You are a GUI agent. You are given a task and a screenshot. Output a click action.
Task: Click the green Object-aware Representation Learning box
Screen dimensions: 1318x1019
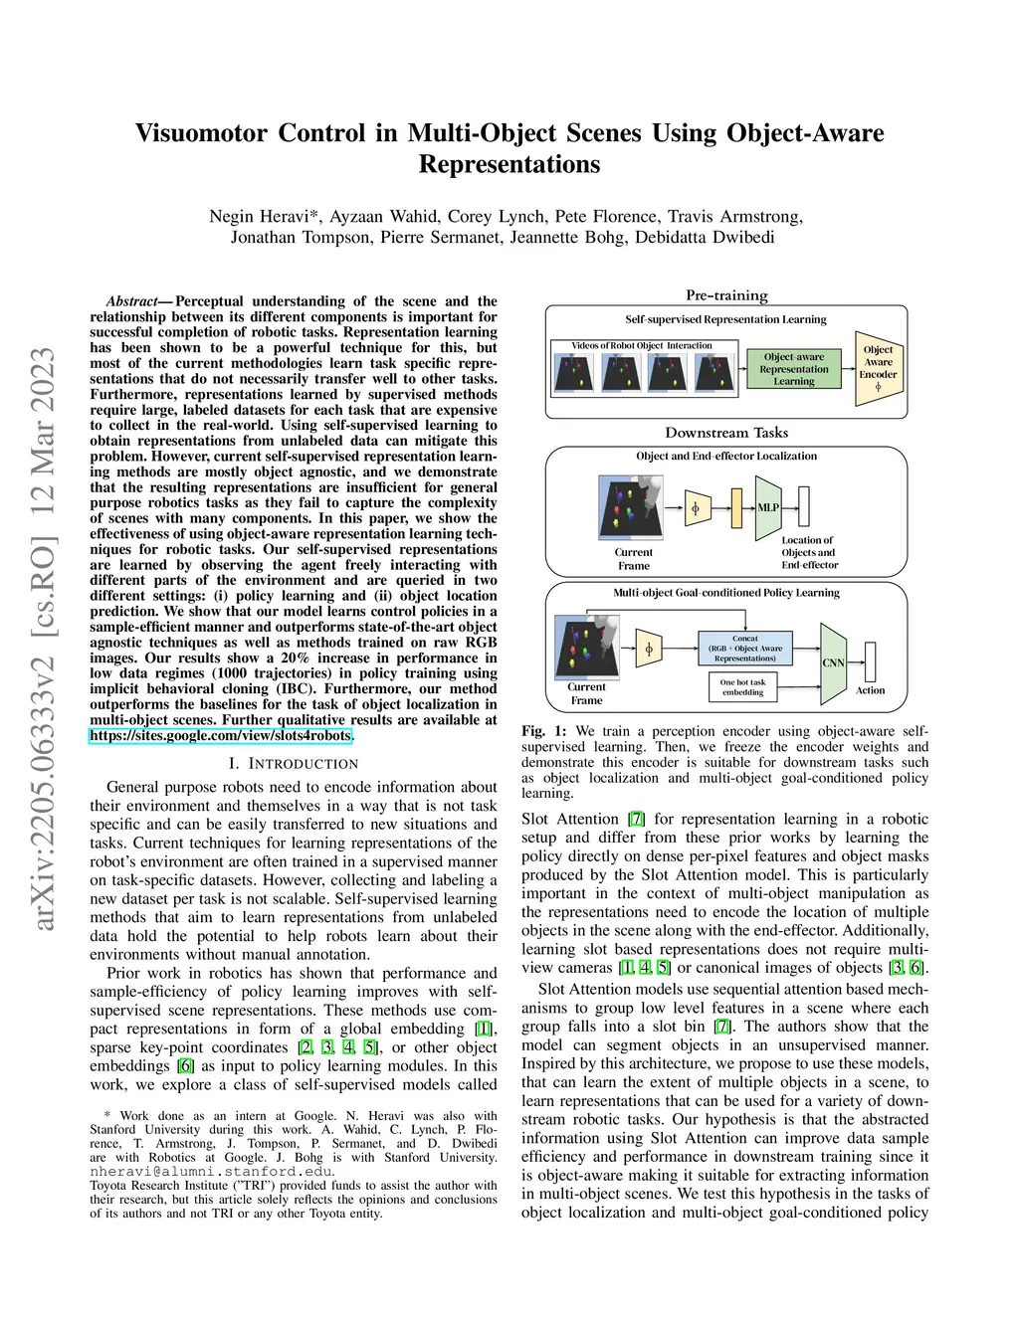pyautogui.click(x=793, y=369)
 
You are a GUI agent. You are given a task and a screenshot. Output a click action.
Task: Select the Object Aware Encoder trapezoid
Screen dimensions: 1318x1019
pyautogui.click(x=878, y=369)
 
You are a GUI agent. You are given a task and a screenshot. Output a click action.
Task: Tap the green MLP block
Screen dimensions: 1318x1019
pyautogui.click(x=768, y=507)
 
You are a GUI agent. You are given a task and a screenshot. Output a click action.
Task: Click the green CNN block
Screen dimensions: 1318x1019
pyautogui.click(x=833, y=662)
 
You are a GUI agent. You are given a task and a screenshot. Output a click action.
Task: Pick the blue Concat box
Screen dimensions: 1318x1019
pyautogui.click(x=745, y=649)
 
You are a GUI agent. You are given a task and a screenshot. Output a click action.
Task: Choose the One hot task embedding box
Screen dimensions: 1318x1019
pyautogui.click(x=742, y=687)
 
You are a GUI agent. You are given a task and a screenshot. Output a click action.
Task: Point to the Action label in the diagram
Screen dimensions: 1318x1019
pyautogui.click(x=870, y=690)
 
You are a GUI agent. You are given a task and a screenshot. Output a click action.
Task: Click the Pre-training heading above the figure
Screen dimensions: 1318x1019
pyautogui.click(x=726, y=294)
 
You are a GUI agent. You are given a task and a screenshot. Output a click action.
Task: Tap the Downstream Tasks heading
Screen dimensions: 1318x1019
pyautogui.click(x=726, y=433)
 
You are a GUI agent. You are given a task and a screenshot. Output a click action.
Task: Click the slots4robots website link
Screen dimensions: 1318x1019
pyautogui.click(x=220, y=736)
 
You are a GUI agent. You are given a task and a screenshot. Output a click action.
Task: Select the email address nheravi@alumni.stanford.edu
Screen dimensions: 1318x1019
pyautogui.click(x=211, y=1172)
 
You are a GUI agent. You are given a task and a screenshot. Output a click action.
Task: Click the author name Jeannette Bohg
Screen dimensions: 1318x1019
pyautogui.click(x=556, y=237)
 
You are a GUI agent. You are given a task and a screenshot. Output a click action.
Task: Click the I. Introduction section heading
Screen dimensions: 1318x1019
pyautogui.click(x=293, y=764)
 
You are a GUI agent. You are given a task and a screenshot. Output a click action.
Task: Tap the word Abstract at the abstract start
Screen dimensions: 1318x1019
pyautogui.click(x=132, y=301)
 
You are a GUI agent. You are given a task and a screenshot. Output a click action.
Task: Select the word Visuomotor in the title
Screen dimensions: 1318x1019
pyautogui.click(x=202, y=133)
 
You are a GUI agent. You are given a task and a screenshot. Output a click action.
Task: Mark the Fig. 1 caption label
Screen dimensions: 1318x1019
pyautogui.click(x=543, y=731)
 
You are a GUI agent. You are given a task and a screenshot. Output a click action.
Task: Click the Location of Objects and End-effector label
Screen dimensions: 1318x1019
pyautogui.click(x=808, y=553)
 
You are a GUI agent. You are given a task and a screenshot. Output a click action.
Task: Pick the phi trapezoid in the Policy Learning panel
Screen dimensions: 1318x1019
pyautogui.click(x=649, y=650)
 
